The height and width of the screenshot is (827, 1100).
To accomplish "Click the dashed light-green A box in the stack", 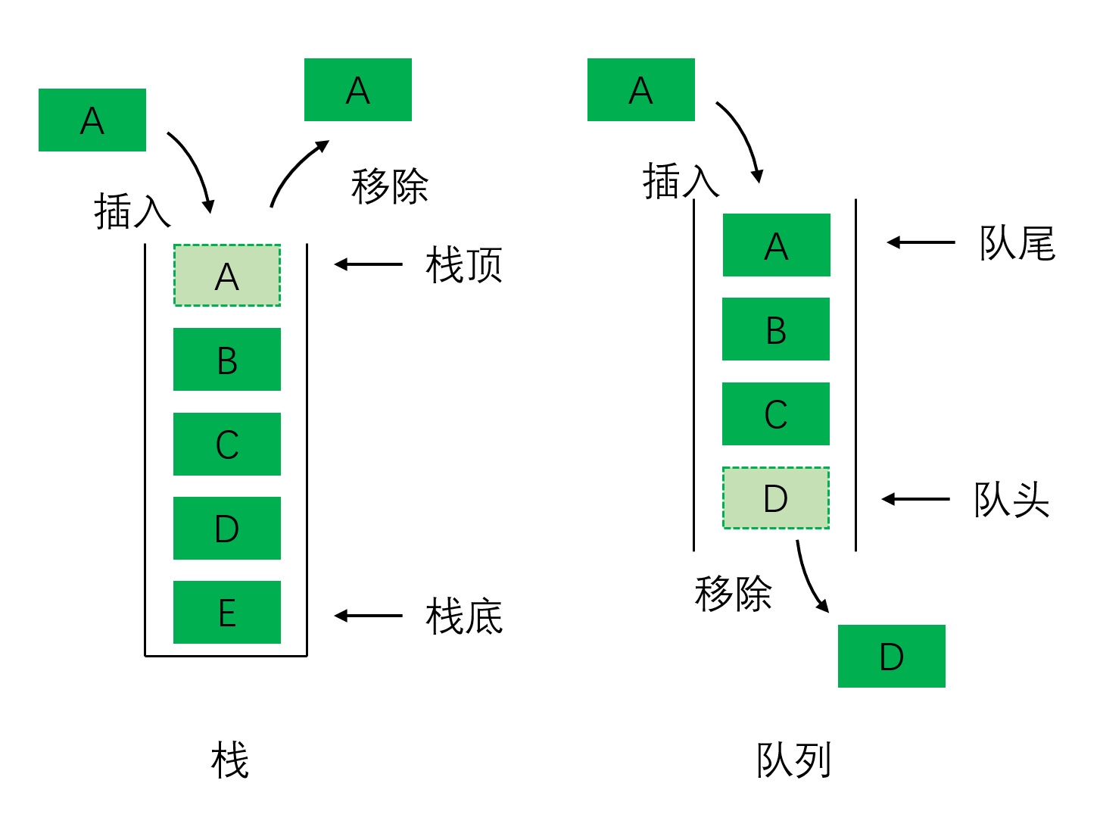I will [x=227, y=276].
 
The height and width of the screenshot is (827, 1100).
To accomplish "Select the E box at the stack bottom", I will [x=227, y=612].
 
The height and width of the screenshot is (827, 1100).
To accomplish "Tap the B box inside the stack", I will [x=227, y=360].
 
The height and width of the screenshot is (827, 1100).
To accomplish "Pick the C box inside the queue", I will [x=776, y=413].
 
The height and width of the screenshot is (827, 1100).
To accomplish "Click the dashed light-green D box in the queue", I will [x=776, y=498].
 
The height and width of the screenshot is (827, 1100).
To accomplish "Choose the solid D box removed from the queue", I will [x=891, y=656].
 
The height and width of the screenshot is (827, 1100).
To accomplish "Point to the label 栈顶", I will [x=464, y=265].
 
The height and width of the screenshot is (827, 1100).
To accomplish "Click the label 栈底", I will [x=464, y=616].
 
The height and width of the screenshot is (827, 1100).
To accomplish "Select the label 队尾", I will [x=1017, y=243].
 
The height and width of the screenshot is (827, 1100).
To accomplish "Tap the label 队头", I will [x=1011, y=500].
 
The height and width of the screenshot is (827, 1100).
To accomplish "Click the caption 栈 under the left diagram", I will [x=230, y=760].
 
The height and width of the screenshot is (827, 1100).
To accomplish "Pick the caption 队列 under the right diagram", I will [x=793, y=760].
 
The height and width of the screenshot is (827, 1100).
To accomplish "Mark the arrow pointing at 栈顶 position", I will [x=369, y=264].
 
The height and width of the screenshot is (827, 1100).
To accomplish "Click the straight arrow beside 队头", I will [x=916, y=499].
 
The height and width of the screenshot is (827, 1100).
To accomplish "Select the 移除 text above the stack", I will [x=389, y=186].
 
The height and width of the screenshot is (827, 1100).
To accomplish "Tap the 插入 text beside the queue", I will [x=680, y=182].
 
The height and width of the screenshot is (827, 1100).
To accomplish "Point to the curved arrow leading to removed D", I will [x=809, y=578].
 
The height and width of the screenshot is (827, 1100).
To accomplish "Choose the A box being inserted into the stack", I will [x=92, y=120].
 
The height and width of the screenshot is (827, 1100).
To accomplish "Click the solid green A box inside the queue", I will [x=776, y=245].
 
